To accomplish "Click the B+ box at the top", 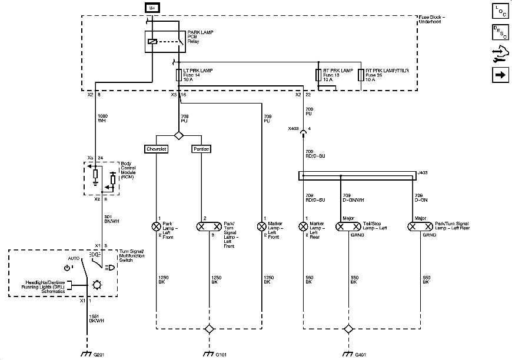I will pos(151,8).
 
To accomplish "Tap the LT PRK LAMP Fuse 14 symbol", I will pos(178,75).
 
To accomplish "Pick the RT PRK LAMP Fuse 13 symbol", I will pos(318,75).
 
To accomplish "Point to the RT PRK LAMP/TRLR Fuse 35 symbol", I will pos(360,75).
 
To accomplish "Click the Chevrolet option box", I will pos(157,149).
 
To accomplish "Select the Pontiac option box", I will pos(201,149).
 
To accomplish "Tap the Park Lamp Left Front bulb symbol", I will pos(157,226).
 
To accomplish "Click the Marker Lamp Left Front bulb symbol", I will pos(261,226).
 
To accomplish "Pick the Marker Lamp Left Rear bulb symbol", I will pos(304,226).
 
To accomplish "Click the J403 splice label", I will pos(421,172).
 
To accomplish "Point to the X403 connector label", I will pos(293,128).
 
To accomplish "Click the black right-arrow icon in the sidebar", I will pos(500,75).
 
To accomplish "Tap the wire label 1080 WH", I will pos(101,118).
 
